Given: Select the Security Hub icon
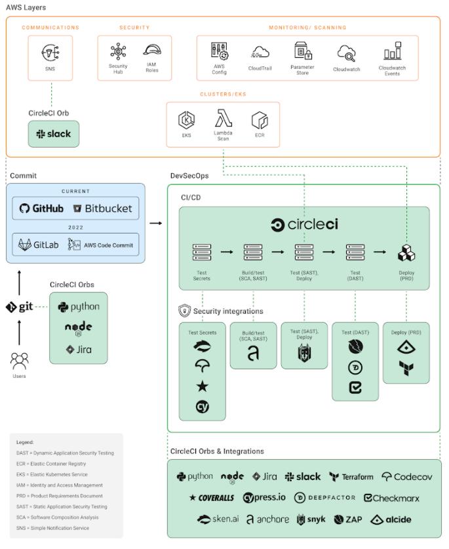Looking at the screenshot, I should pyautogui.click(x=118, y=52).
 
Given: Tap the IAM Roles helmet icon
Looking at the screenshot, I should pyautogui.click(x=152, y=52).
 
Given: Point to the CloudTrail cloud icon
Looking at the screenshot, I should pyautogui.click(x=260, y=52).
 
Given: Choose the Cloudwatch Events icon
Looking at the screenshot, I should pyautogui.click(x=392, y=52).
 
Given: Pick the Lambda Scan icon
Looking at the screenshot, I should pyautogui.click(x=223, y=119).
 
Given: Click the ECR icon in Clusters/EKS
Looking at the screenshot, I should pyautogui.click(x=260, y=120).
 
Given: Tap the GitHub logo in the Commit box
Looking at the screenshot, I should pyautogui.click(x=42, y=209).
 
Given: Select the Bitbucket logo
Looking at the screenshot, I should pyautogui.click(x=103, y=209).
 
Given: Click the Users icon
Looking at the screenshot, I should pyautogui.click(x=20, y=360).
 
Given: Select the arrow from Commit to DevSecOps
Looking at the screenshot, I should pyautogui.click(x=155, y=224).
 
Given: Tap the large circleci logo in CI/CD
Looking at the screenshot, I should pyautogui.click(x=304, y=224).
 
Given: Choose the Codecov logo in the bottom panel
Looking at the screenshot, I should pyautogui.click(x=407, y=477).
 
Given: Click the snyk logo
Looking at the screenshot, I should pyautogui.click(x=311, y=519).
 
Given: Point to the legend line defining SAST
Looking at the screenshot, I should pyautogui.click(x=62, y=506).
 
